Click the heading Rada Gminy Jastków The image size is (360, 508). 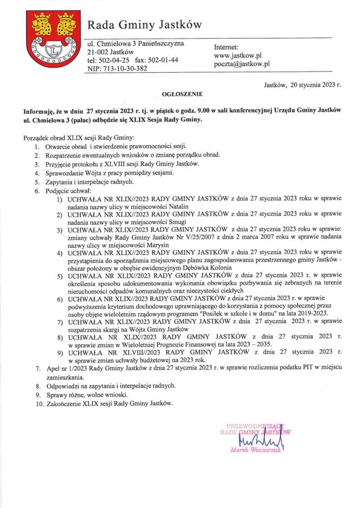point(144,24)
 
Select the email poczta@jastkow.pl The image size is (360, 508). point(242,64)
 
